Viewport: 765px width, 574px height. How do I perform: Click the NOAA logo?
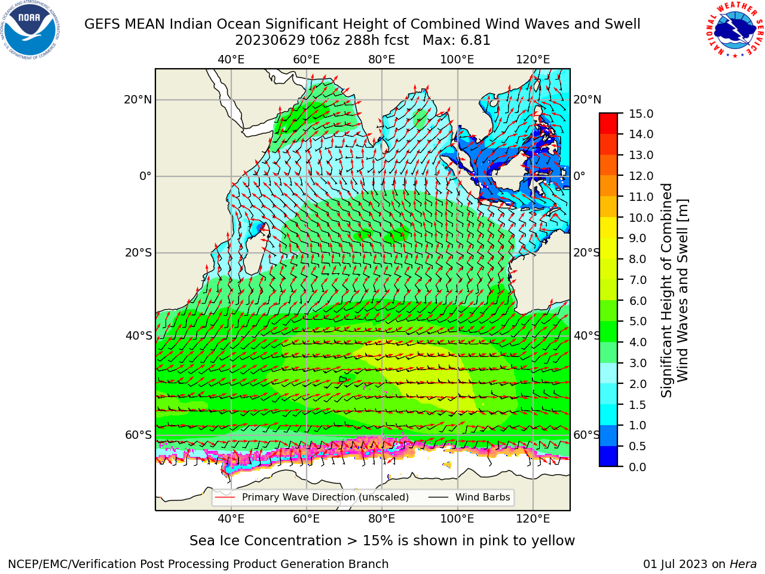pyautogui.click(x=30, y=30)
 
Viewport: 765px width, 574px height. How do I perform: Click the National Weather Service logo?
pyautogui.click(x=735, y=29)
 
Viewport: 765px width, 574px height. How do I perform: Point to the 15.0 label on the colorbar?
pyautogui.click(x=641, y=114)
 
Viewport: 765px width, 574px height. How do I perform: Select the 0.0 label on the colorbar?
pyautogui.click(x=637, y=466)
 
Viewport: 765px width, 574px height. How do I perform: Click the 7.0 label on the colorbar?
pyautogui.click(x=638, y=280)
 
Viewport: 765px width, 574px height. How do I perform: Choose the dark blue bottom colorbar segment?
pyautogui.click(x=608, y=456)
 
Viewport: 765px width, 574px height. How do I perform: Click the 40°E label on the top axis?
pyautogui.click(x=231, y=60)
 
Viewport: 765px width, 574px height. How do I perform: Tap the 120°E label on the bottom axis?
pyautogui.click(x=533, y=518)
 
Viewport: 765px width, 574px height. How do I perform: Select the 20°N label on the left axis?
pyautogui.click(x=138, y=100)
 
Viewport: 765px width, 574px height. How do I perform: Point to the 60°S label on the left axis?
pyautogui.click(x=139, y=435)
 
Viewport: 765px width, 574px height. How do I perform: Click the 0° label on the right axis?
pyautogui.click(x=579, y=176)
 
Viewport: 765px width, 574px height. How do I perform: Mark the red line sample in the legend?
pyautogui.click(x=225, y=497)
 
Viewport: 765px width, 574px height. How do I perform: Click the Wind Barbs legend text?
pyautogui.click(x=483, y=497)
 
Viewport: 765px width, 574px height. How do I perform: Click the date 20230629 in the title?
pyautogui.click(x=271, y=41)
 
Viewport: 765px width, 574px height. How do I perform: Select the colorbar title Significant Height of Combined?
pyautogui.click(x=666, y=291)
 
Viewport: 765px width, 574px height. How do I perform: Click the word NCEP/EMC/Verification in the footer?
pyautogui.click(x=86, y=564)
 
